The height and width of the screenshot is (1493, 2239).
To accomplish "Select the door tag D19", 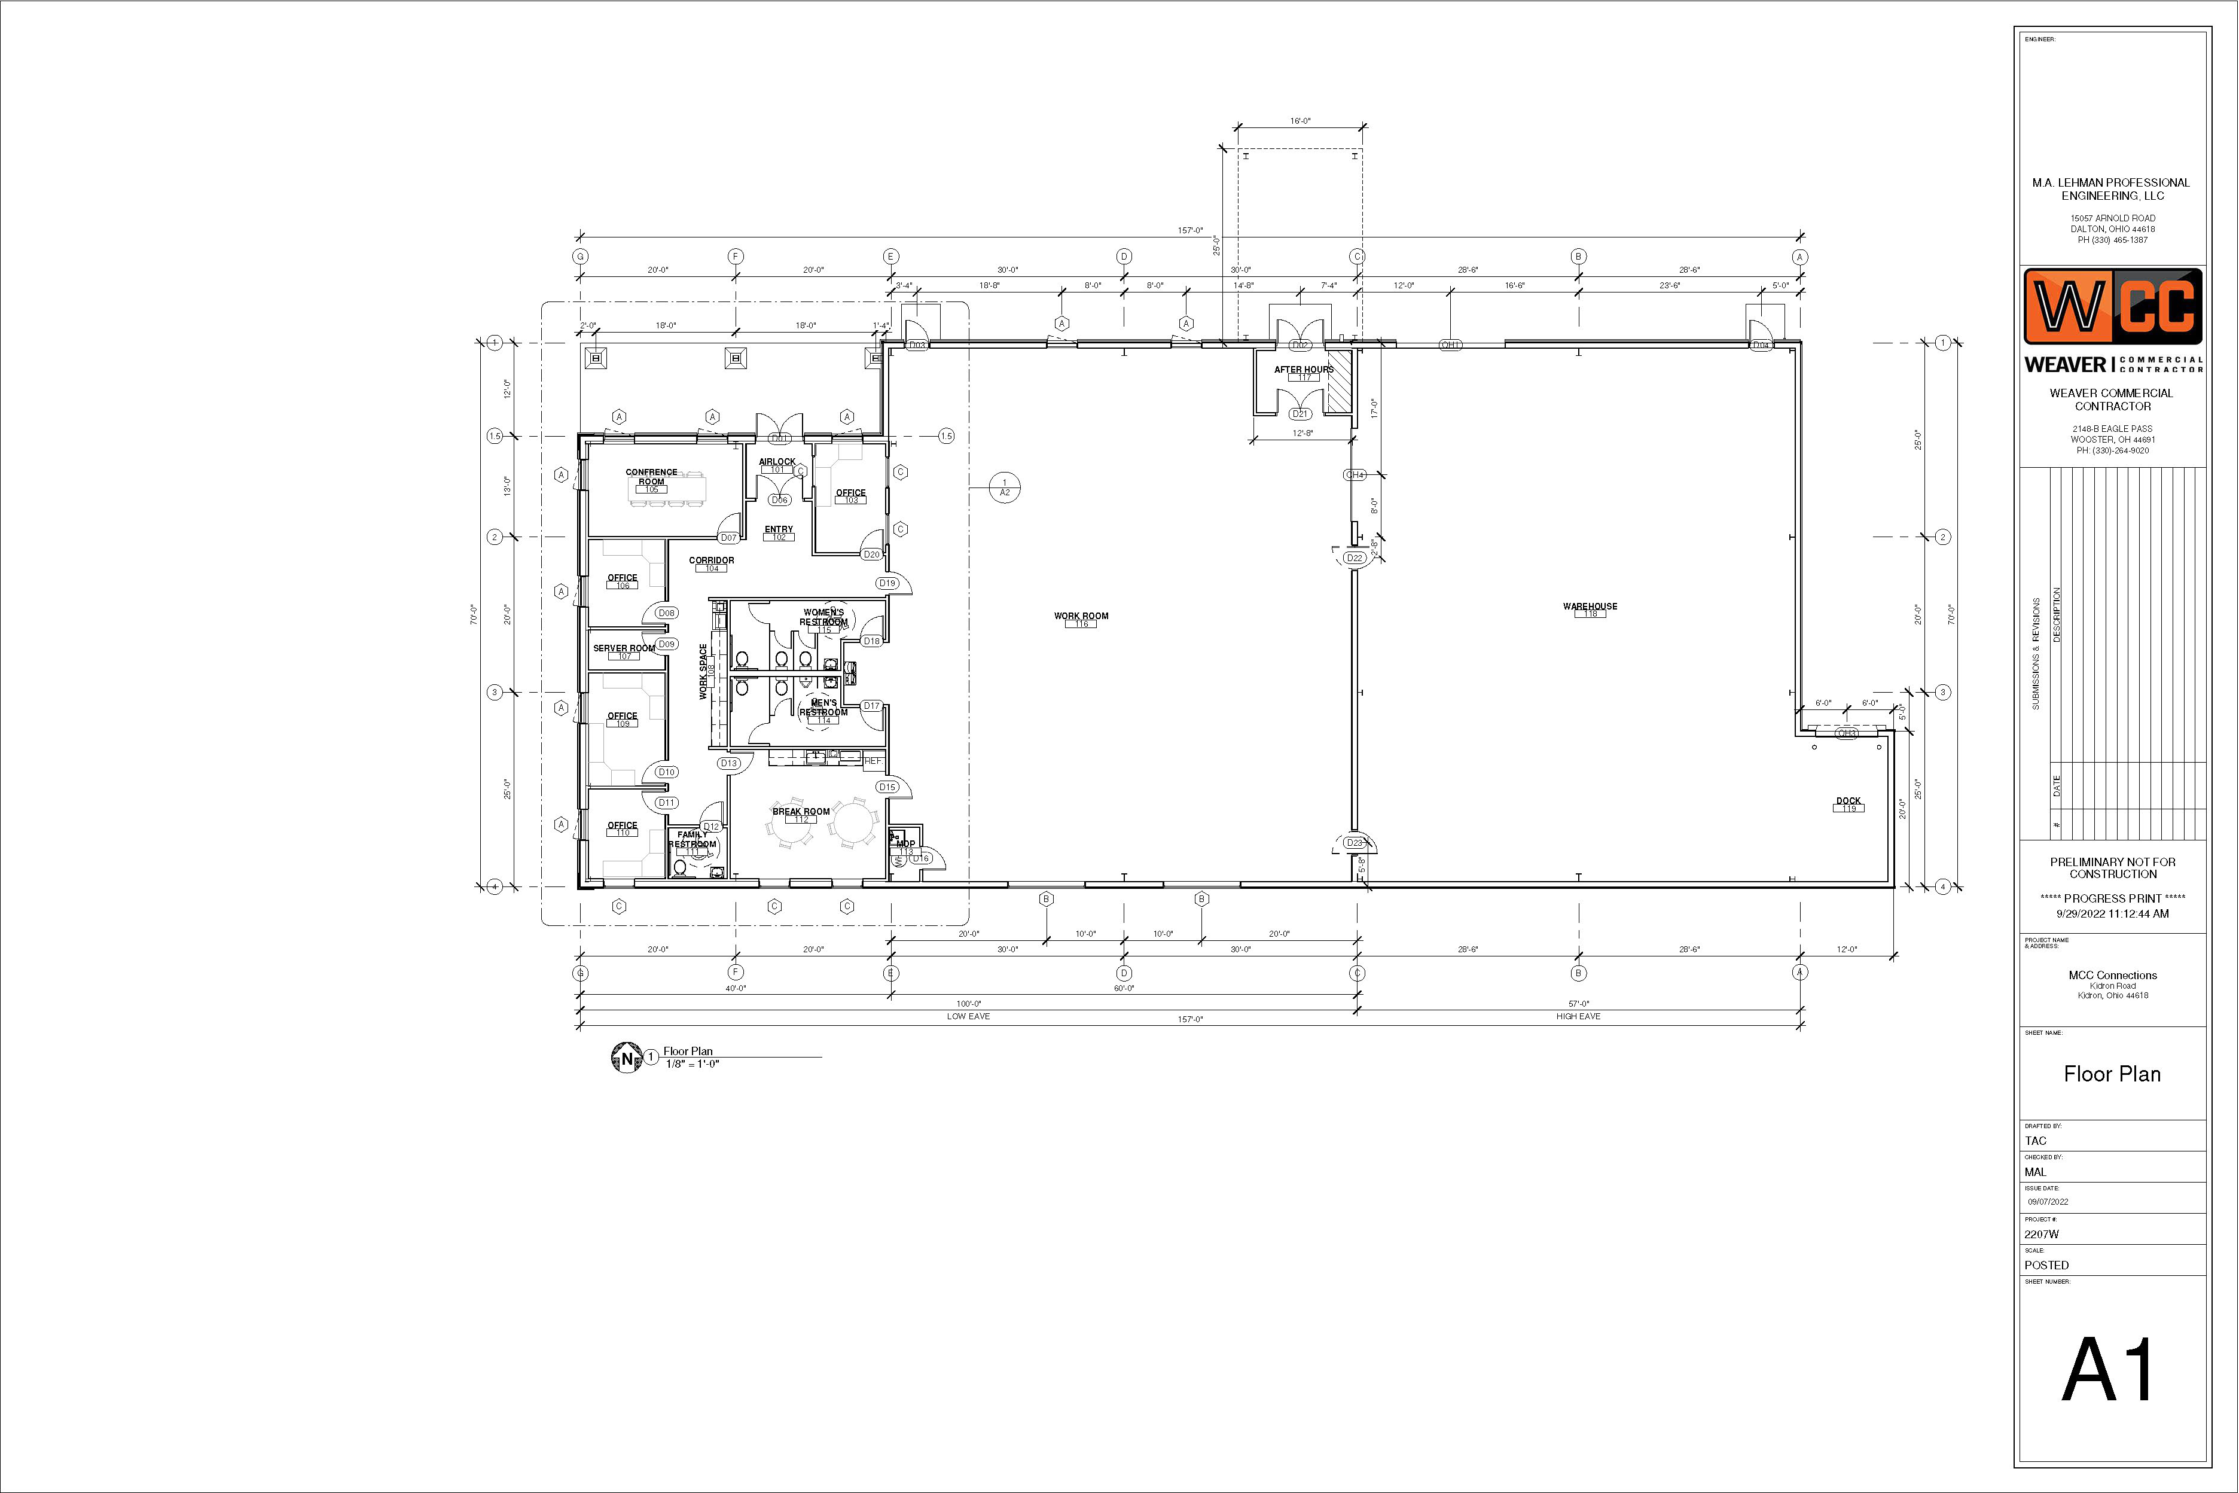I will pos(887,583).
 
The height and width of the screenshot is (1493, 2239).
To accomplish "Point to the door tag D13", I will pos(729,763).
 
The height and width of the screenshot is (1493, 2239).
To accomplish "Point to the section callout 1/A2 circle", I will pos(1004,487).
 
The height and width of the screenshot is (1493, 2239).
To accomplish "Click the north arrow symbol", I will pos(626,1058).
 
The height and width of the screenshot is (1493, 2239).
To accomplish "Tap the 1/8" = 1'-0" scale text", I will pos(692,1064).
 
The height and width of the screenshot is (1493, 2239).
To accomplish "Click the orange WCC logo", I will pos(2112,307).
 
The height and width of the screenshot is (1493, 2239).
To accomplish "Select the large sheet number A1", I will pos(2110,1370).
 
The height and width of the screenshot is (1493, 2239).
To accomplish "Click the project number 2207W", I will pos(2041,1234).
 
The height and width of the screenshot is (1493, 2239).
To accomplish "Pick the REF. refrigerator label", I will pos(873,761).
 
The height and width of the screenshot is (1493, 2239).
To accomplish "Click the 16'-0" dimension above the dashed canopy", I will pos(1300,121).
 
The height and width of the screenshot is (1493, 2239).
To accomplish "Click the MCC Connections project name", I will pos(2112,975).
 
